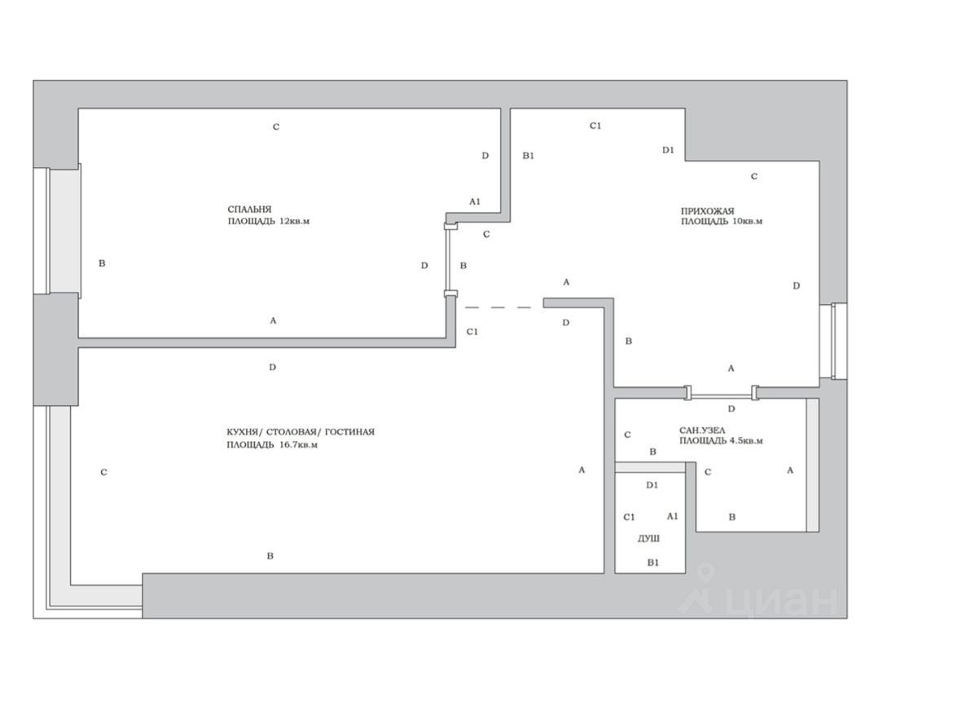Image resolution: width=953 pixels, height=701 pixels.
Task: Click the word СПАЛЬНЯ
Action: (x=249, y=208)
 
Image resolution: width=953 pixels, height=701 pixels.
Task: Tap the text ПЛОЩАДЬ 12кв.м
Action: (x=269, y=221)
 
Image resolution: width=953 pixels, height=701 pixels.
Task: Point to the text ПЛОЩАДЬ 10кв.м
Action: (x=721, y=222)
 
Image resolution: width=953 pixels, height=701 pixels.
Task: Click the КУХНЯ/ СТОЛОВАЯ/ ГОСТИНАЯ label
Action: (x=301, y=432)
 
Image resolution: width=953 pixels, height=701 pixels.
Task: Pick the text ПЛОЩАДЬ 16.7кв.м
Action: (x=272, y=445)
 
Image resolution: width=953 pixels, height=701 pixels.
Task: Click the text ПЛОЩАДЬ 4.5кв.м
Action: (x=721, y=441)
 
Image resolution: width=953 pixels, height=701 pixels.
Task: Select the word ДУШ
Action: (x=648, y=540)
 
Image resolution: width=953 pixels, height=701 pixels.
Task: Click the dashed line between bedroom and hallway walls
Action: (x=498, y=306)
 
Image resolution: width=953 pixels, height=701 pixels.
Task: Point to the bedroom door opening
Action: (x=448, y=259)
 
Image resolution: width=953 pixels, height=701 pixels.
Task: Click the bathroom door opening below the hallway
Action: (x=722, y=395)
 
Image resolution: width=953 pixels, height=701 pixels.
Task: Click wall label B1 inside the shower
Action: (x=652, y=563)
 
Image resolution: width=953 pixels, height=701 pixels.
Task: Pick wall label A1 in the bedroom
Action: (x=475, y=201)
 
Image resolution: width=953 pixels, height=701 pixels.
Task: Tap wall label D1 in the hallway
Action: (x=668, y=150)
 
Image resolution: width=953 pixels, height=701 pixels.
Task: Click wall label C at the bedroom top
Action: (x=276, y=127)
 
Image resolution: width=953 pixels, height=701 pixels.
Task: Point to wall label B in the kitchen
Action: (x=270, y=557)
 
